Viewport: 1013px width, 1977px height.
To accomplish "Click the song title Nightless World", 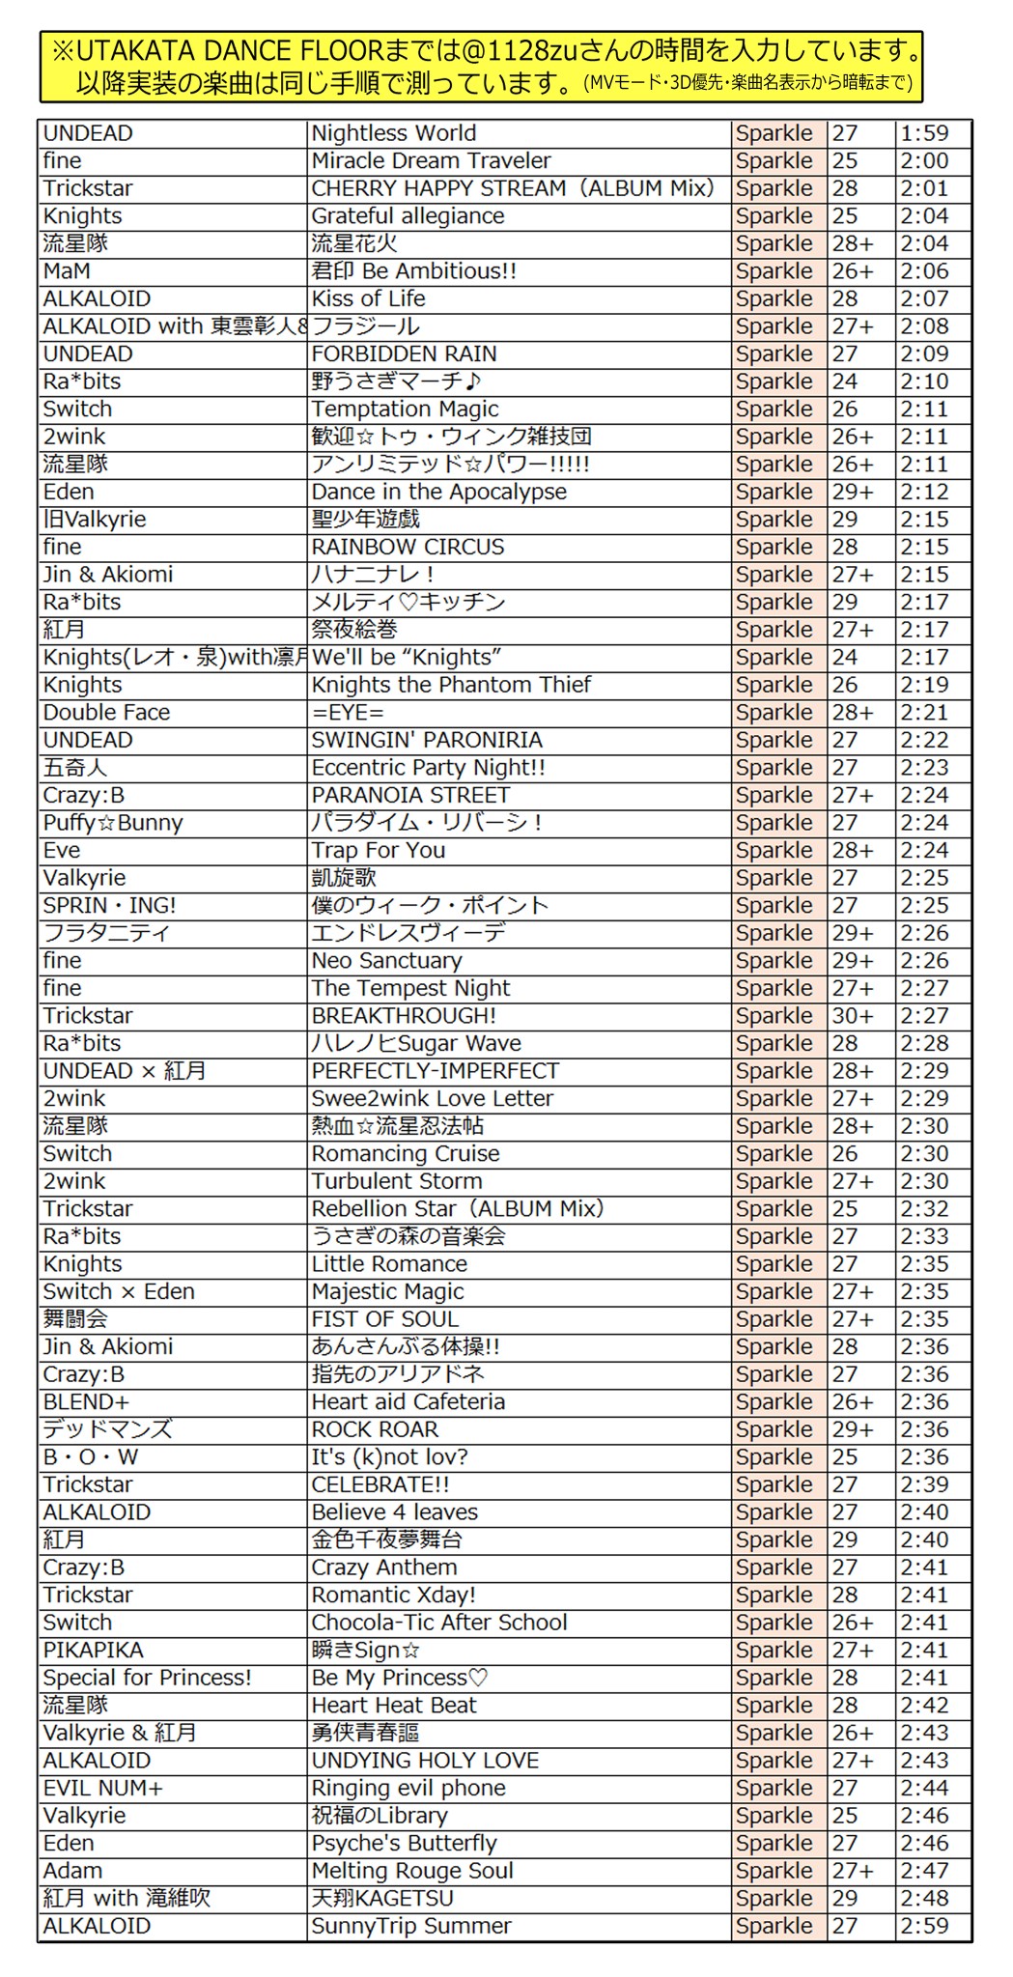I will point(394,133).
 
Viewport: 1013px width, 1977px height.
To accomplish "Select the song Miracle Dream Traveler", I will point(431,161).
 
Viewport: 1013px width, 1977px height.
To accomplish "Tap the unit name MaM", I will point(67,271).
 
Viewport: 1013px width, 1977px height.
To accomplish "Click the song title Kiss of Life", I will point(368,299).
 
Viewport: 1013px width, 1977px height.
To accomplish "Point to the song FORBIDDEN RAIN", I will point(404,354).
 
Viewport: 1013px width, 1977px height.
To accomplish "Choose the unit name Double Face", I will point(106,713).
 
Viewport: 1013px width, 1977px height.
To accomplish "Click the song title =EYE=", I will point(348,713).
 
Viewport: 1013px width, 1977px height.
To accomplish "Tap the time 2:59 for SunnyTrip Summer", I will point(924,1926).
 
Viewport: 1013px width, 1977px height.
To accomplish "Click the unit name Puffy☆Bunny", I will point(113,823).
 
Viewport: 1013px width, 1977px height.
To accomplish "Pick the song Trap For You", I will point(378,851).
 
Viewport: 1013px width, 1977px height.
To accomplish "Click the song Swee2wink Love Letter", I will point(432,1099).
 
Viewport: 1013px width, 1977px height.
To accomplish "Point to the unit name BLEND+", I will point(86,1402).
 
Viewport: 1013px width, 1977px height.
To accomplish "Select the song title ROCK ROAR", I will point(375,1429).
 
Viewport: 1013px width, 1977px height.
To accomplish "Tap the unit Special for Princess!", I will point(147,1678).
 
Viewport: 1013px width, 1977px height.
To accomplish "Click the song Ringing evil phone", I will point(408,1788).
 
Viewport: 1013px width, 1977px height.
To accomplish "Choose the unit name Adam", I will point(72,1871).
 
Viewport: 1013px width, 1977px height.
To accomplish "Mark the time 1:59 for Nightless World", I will point(924,133).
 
